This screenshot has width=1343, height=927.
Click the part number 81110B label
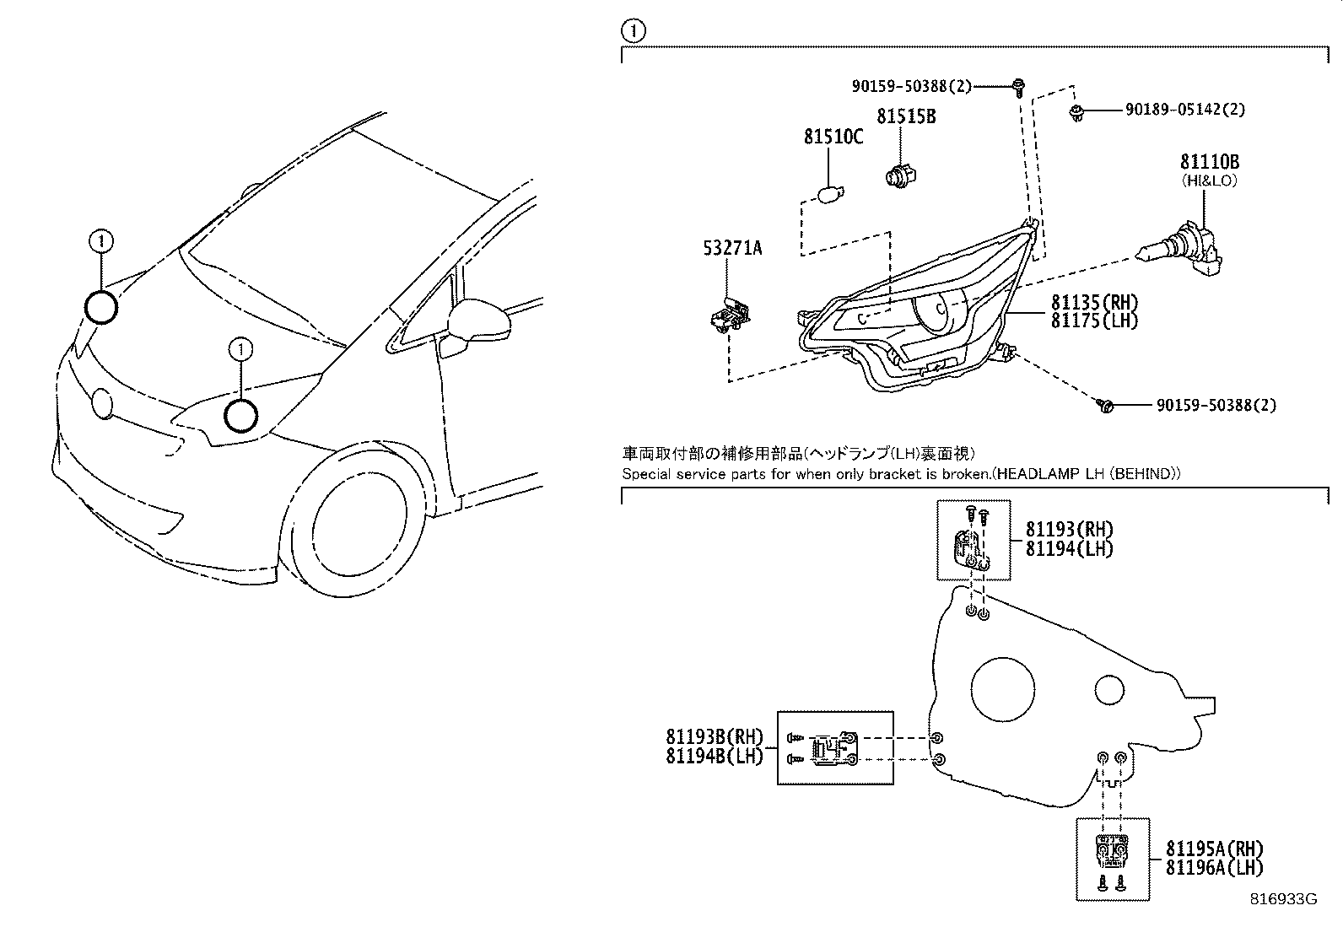pos(1209,163)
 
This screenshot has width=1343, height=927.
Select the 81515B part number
pos(905,116)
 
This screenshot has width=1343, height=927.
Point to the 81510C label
pos(833,137)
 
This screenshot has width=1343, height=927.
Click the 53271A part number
pos(732,247)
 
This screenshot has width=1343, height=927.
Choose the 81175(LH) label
pos(1094,321)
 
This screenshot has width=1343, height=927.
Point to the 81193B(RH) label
pos(714,737)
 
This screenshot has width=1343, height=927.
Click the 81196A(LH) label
pos(1214,867)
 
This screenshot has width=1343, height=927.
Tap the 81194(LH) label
pos(1069,548)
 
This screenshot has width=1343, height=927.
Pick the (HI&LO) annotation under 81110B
pos(1209,181)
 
